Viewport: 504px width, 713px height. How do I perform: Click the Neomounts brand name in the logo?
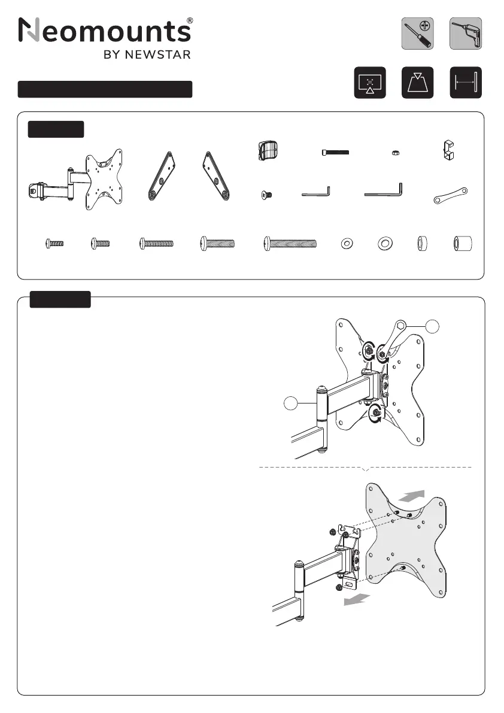point(105,31)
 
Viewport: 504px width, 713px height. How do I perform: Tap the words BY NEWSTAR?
point(147,54)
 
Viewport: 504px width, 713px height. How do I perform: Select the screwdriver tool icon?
point(417,34)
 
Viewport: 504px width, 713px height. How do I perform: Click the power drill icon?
point(465,34)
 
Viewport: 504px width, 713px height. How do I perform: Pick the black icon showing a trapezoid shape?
point(417,83)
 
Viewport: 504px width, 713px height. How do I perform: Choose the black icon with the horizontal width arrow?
point(465,83)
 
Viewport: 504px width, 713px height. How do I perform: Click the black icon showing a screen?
point(370,83)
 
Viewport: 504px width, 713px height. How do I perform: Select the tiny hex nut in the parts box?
point(396,153)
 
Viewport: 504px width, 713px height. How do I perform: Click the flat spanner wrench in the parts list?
point(450,195)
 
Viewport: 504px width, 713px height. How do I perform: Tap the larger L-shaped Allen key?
point(384,190)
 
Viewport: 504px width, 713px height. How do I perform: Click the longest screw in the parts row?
point(290,244)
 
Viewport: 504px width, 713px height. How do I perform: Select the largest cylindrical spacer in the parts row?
point(463,244)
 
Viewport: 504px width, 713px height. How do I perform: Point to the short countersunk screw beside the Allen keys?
point(267,196)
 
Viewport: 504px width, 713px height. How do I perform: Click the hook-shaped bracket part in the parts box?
point(448,150)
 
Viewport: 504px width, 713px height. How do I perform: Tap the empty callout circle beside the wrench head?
point(432,326)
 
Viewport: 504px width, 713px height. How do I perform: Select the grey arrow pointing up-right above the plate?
point(412,496)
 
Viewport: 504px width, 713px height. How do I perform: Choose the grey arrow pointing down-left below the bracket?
point(357,600)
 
